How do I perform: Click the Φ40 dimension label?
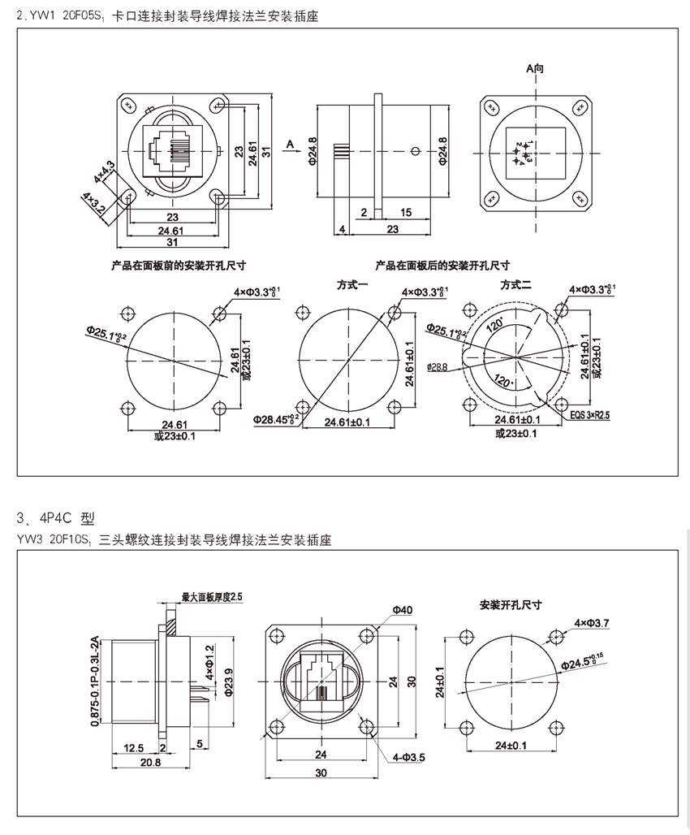pos(402,609)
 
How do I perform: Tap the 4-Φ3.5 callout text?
pos(408,757)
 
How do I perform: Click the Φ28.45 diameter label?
pos(276,419)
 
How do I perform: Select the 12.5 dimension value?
pos(135,747)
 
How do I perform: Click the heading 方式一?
pos(353,284)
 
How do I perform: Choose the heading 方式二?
pos(515,284)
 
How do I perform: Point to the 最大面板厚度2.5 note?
pos(213,597)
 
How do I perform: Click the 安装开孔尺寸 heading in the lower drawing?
pos(511,604)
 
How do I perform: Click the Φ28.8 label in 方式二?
pos(436,367)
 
